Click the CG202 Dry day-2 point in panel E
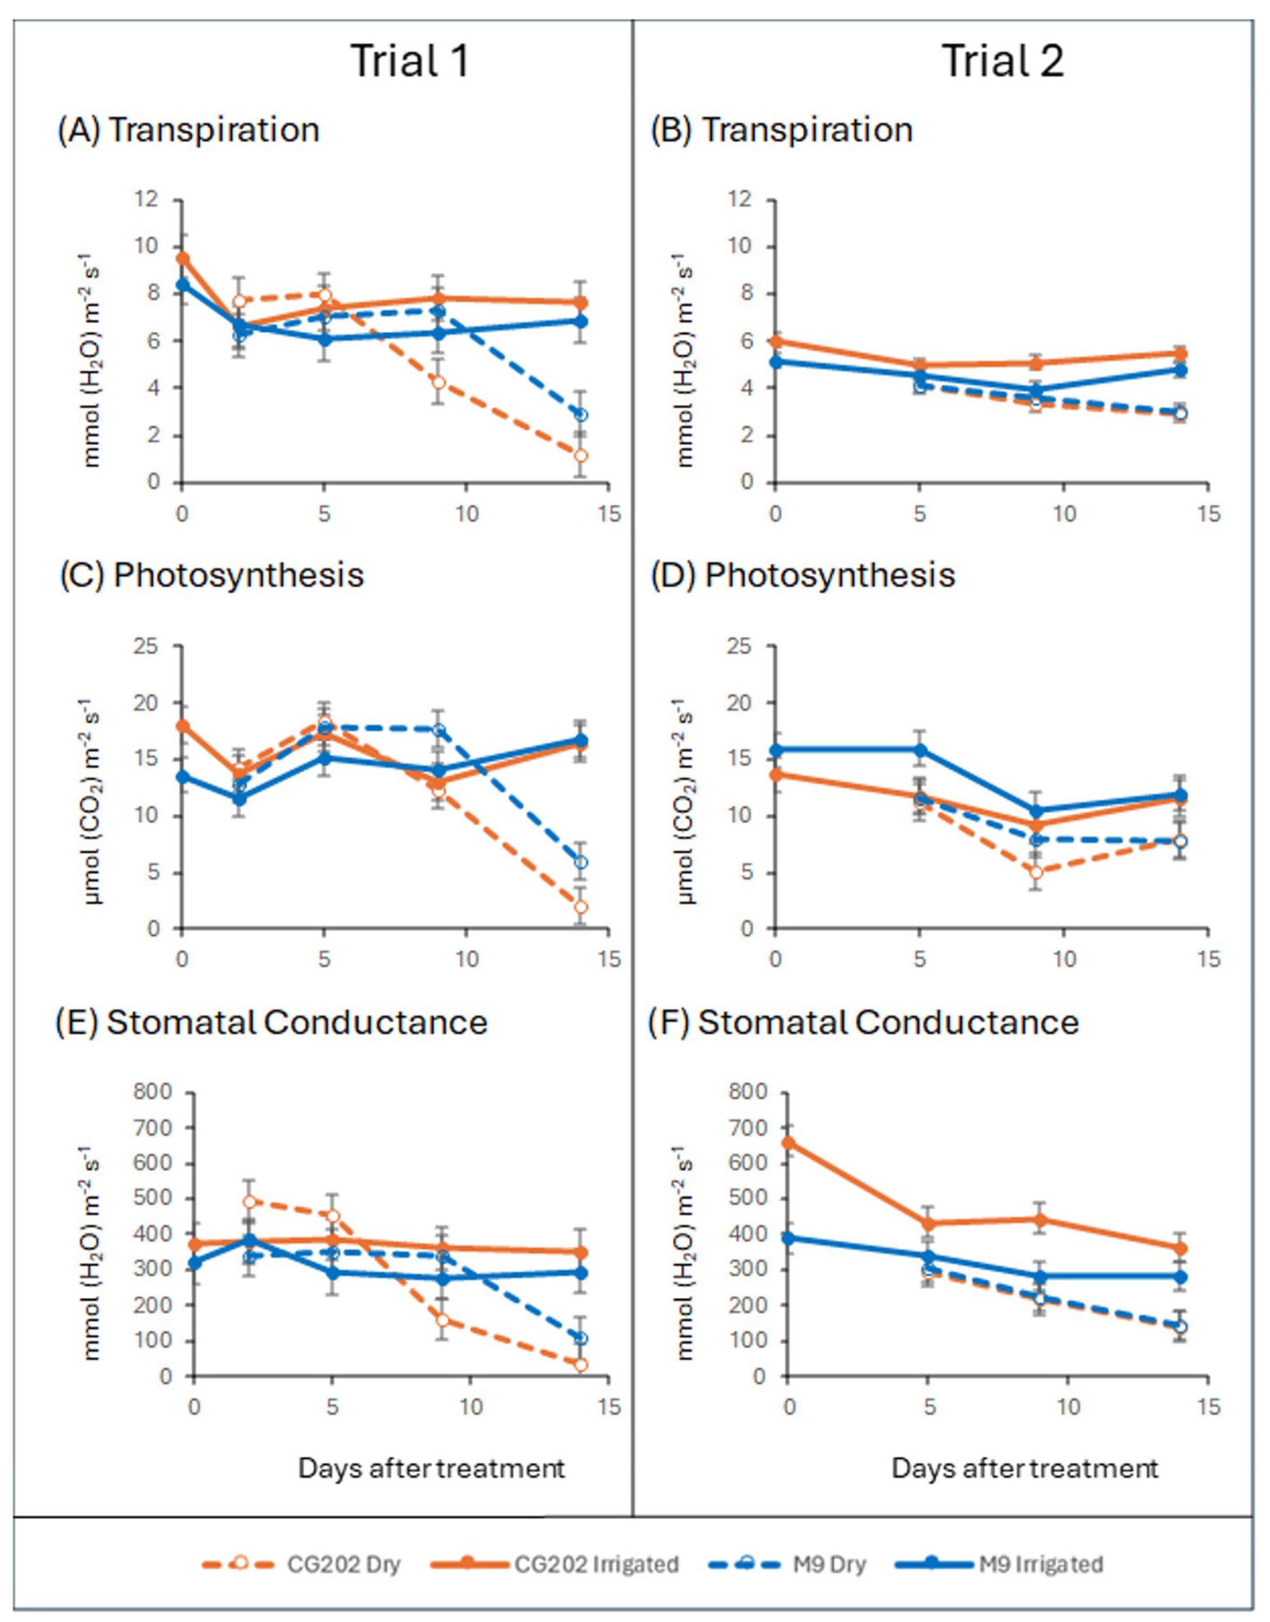click(x=250, y=1202)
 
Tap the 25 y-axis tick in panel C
click(x=152, y=646)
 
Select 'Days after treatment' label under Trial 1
click(x=432, y=1468)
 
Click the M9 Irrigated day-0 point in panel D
click(x=775, y=750)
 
